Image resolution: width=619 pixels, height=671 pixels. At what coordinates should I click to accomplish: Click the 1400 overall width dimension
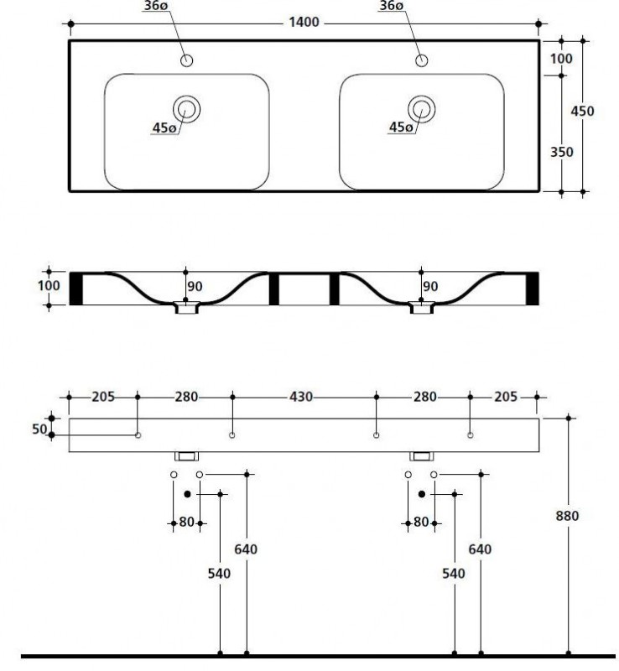[304, 23]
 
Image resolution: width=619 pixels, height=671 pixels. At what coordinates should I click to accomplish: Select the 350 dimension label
[561, 152]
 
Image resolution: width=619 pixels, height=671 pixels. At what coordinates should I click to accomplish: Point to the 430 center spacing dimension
[304, 397]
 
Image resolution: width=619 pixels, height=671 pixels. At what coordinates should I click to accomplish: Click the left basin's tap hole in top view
[186, 60]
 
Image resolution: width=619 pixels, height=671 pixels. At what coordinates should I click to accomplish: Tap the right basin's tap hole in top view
[422, 60]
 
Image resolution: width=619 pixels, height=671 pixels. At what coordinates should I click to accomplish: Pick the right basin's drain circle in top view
[422, 107]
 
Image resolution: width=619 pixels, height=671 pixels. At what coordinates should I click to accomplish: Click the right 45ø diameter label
[401, 127]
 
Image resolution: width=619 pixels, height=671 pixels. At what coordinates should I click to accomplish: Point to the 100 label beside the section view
[50, 286]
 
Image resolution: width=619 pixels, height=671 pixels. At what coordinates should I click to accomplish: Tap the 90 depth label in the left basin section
[195, 287]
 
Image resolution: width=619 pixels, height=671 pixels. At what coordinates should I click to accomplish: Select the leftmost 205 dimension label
[102, 397]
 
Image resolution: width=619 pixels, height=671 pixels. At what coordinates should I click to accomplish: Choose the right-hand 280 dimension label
[423, 397]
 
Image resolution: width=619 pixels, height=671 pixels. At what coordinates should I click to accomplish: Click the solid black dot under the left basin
[187, 493]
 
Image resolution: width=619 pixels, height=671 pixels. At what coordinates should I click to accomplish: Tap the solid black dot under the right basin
[422, 493]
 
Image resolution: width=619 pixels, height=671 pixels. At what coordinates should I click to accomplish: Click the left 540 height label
[219, 574]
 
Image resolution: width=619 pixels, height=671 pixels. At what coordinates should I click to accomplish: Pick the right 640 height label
[480, 549]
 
